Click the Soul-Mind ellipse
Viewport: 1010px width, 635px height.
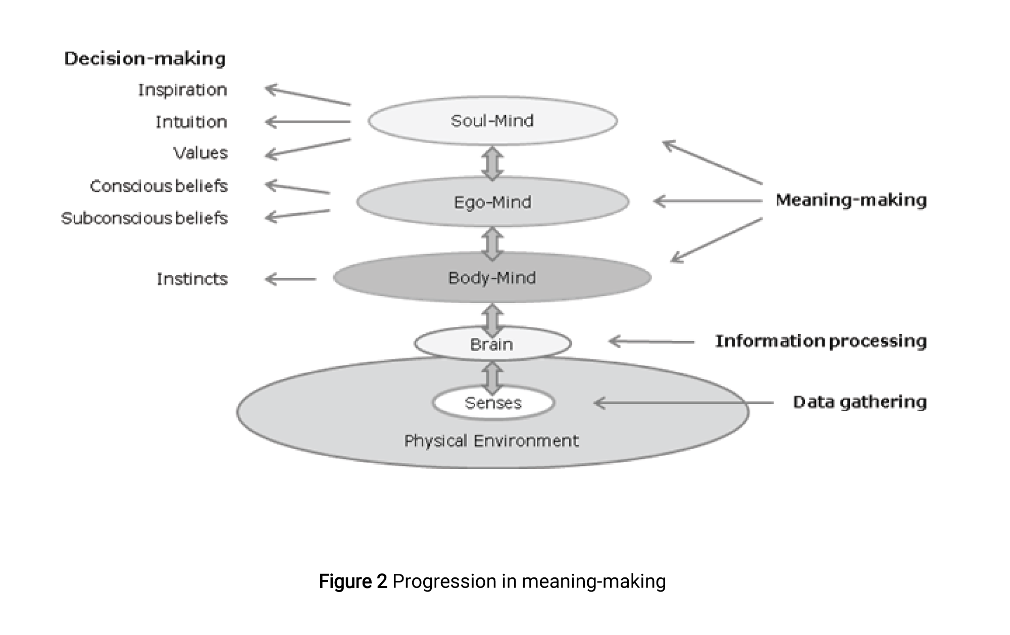tap(492, 121)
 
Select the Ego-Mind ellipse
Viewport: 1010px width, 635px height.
tap(492, 202)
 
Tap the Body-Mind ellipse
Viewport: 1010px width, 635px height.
tap(492, 278)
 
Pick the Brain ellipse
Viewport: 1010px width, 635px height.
tap(492, 344)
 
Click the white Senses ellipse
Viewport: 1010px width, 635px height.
tap(493, 403)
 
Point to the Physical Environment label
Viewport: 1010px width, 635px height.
tap(491, 441)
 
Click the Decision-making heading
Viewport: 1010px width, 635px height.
tap(145, 59)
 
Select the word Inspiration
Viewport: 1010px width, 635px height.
tap(183, 90)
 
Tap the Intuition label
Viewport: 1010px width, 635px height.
tap(191, 122)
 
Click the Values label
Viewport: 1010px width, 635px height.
tap(200, 153)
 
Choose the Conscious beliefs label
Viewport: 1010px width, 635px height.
tap(159, 186)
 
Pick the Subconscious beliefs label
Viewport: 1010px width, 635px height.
tap(144, 218)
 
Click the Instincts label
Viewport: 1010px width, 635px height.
tap(192, 279)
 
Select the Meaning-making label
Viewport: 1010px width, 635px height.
tap(851, 200)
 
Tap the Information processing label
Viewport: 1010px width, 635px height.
tap(821, 341)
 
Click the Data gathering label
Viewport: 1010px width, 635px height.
tap(860, 402)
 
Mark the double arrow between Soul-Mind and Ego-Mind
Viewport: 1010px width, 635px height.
tap(492, 163)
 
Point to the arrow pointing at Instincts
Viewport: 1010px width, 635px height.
tap(290, 279)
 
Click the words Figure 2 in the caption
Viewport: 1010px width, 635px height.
tap(353, 581)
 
